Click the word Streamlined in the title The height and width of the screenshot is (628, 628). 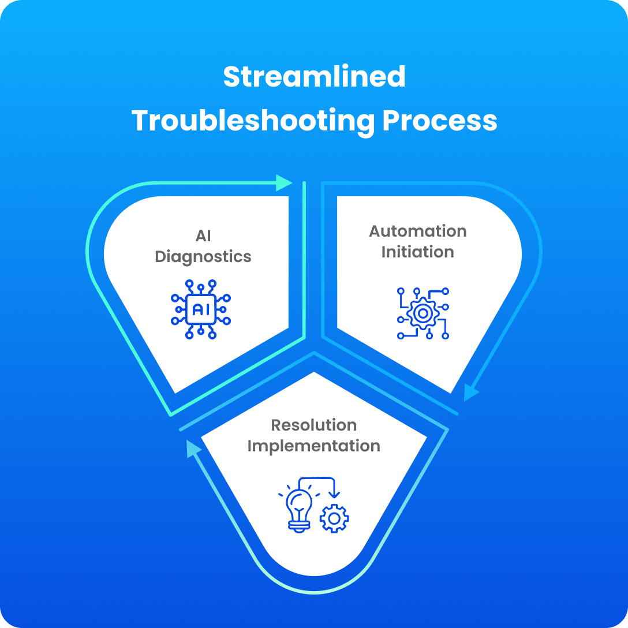pos(314,77)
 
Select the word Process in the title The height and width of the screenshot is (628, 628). pos(440,121)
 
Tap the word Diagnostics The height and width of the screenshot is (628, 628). pos(203,256)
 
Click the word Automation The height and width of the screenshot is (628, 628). pos(418,231)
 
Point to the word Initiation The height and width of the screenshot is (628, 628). pos(418,252)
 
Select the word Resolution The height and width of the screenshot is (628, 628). pos(314,425)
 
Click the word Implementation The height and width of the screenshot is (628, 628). pos(314,446)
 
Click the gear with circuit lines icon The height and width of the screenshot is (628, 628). pos(423,313)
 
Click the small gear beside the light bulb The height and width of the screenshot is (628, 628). pos(334,518)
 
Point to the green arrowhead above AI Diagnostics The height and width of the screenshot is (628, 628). pos(285,182)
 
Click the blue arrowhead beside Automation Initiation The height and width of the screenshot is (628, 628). pos(471,392)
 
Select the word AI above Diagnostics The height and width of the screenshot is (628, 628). pos(203,235)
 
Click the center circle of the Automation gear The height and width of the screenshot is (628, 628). pos(423,313)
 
